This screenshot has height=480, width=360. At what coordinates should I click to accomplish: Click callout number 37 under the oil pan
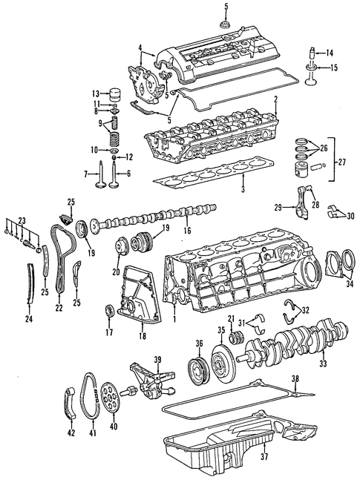[264, 457]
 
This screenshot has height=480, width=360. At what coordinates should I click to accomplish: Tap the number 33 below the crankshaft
[323, 364]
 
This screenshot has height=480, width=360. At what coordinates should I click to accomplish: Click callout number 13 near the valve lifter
[96, 93]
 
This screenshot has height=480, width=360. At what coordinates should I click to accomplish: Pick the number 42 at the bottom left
[71, 433]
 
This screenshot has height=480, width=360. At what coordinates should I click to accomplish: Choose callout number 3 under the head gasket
[243, 190]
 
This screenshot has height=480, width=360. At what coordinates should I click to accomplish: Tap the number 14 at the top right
[329, 53]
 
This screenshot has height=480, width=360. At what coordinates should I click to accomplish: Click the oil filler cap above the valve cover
[226, 24]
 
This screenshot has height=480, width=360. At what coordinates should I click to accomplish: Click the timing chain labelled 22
[62, 257]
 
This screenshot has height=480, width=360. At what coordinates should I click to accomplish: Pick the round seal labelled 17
[110, 310]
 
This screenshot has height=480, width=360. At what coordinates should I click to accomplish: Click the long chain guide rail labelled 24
[30, 283]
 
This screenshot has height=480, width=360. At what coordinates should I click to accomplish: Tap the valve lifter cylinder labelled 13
[116, 92]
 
